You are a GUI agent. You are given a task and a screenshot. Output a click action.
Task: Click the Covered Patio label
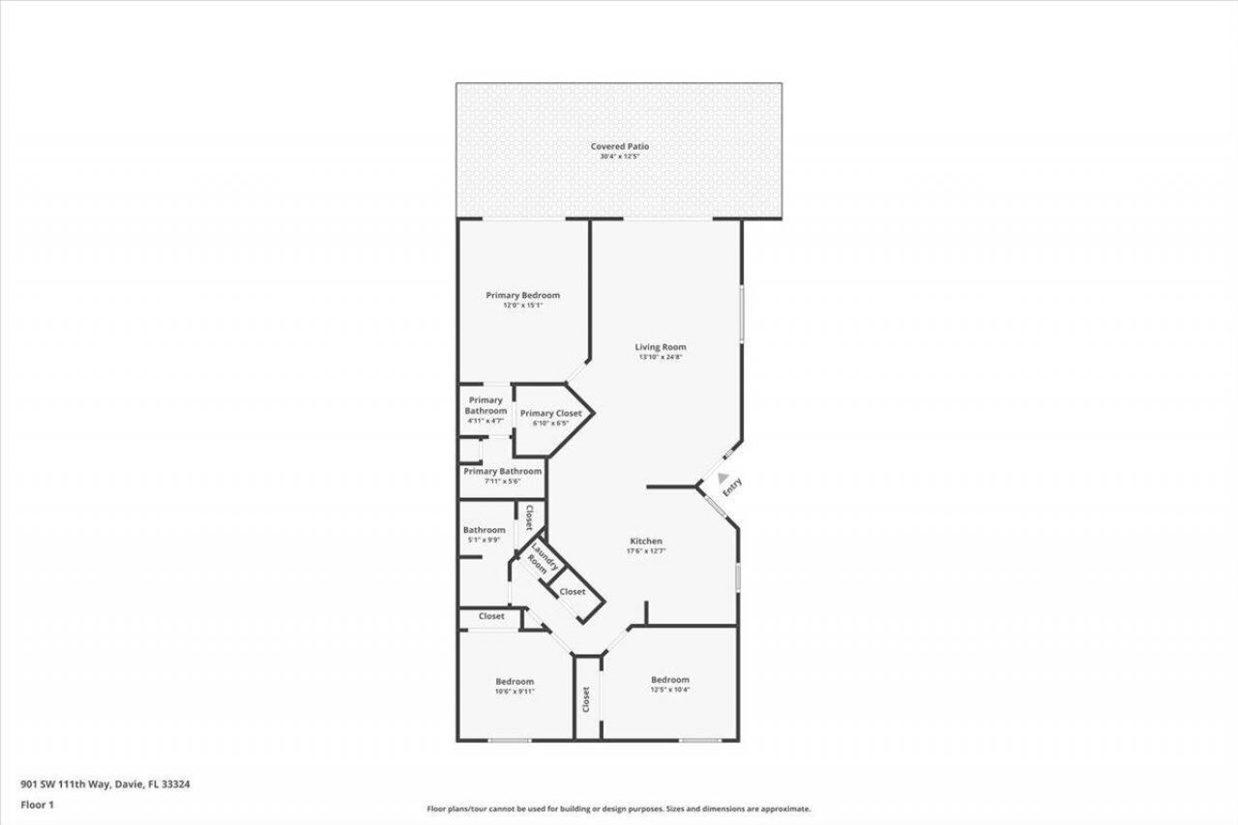pyautogui.click(x=619, y=146)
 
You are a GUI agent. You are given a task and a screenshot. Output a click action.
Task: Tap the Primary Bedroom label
pyautogui.click(x=522, y=295)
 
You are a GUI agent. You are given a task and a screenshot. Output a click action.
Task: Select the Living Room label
pyautogui.click(x=661, y=346)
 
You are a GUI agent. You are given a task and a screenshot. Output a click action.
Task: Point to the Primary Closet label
pyautogui.click(x=550, y=413)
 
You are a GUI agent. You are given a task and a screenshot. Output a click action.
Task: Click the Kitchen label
pyautogui.click(x=646, y=541)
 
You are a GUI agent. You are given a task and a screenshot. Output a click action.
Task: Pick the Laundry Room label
pyautogui.click(x=539, y=560)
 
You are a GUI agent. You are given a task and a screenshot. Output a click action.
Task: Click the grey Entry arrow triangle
pyautogui.click(x=722, y=476)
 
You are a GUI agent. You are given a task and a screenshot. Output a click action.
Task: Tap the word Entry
pyautogui.click(x=733, y=486)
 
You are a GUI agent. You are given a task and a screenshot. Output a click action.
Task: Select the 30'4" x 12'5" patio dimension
pyautogui.click(x=619, y=157)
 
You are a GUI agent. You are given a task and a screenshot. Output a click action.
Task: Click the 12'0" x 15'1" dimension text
pyautogui.click(x=522, y=306)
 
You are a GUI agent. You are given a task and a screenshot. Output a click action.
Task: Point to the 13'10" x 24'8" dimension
pyautogui.click(x=661, y=357)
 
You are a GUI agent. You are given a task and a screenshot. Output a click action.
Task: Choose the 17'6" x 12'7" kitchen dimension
pyautogui.click(x=646, y=551)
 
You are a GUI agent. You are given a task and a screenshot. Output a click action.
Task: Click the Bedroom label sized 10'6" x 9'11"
pyautogui.click(x=514, y=681)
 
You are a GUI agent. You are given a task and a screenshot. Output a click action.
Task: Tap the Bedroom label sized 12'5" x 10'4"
pyautogui.click(x=669, y=679)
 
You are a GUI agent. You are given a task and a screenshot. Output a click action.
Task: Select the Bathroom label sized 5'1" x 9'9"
pyautogui.click(x=484, y=529)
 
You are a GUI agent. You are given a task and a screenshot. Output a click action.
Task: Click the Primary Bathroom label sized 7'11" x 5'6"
pyautogui.click(x=502, y=471)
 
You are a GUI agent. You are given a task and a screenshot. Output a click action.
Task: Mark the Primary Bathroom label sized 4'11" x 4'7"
pyautogui.click(x=486, y=405)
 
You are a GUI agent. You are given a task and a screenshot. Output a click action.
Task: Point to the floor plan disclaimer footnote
pyautogui.click(x=619, y=809)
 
